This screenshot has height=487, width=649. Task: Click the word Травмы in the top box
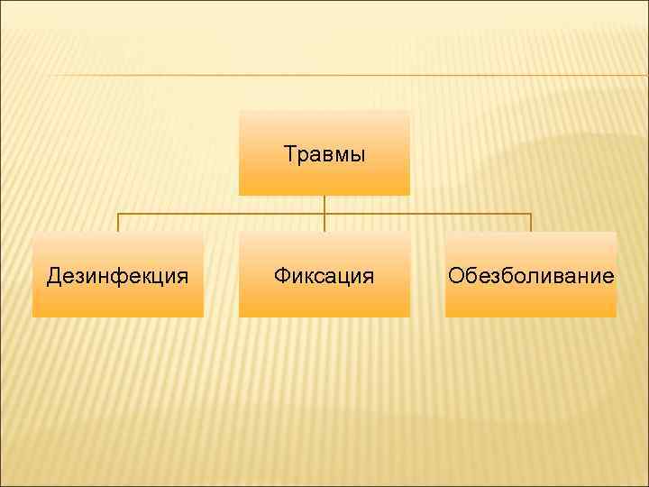324,154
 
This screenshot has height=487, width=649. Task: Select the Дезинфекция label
118,276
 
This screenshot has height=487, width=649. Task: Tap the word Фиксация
324,276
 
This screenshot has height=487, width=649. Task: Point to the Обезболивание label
531,276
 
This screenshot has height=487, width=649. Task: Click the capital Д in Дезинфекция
54,276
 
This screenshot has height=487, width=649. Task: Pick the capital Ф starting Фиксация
282,276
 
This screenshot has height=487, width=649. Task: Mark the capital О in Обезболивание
456,276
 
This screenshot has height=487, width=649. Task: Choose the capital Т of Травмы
289,154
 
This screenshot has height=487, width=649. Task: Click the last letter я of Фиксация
368,277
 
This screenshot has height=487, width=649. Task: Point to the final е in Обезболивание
608,277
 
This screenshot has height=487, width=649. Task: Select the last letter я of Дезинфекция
183,277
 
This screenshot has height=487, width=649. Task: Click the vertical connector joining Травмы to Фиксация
324,214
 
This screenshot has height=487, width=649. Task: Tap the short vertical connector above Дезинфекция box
118,223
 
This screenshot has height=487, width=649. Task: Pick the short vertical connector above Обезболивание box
531,223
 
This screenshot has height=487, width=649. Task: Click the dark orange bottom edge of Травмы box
324,192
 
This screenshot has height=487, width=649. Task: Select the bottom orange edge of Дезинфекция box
118,314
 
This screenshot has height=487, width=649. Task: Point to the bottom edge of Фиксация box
324,314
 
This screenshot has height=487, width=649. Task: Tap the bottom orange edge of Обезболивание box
531,314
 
